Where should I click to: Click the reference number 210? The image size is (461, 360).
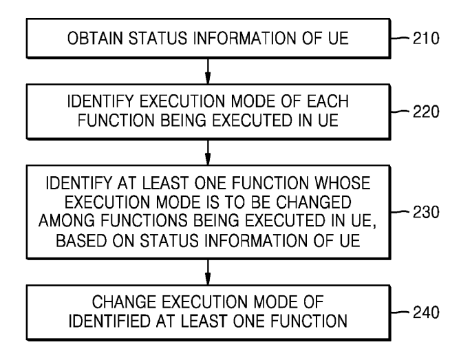click(426, 39)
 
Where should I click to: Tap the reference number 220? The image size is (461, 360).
click(426, 112)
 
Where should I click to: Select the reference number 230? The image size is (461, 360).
click(426, 212)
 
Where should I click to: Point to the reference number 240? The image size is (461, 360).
click(426, 313)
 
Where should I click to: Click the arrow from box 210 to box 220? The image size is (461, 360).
click(208, 72)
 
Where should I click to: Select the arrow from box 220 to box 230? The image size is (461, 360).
click(208, 153)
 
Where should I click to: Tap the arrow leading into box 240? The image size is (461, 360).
click(208, 273)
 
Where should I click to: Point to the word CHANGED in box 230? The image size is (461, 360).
click(314, 202)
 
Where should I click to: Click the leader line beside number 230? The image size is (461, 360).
click(400, 212)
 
